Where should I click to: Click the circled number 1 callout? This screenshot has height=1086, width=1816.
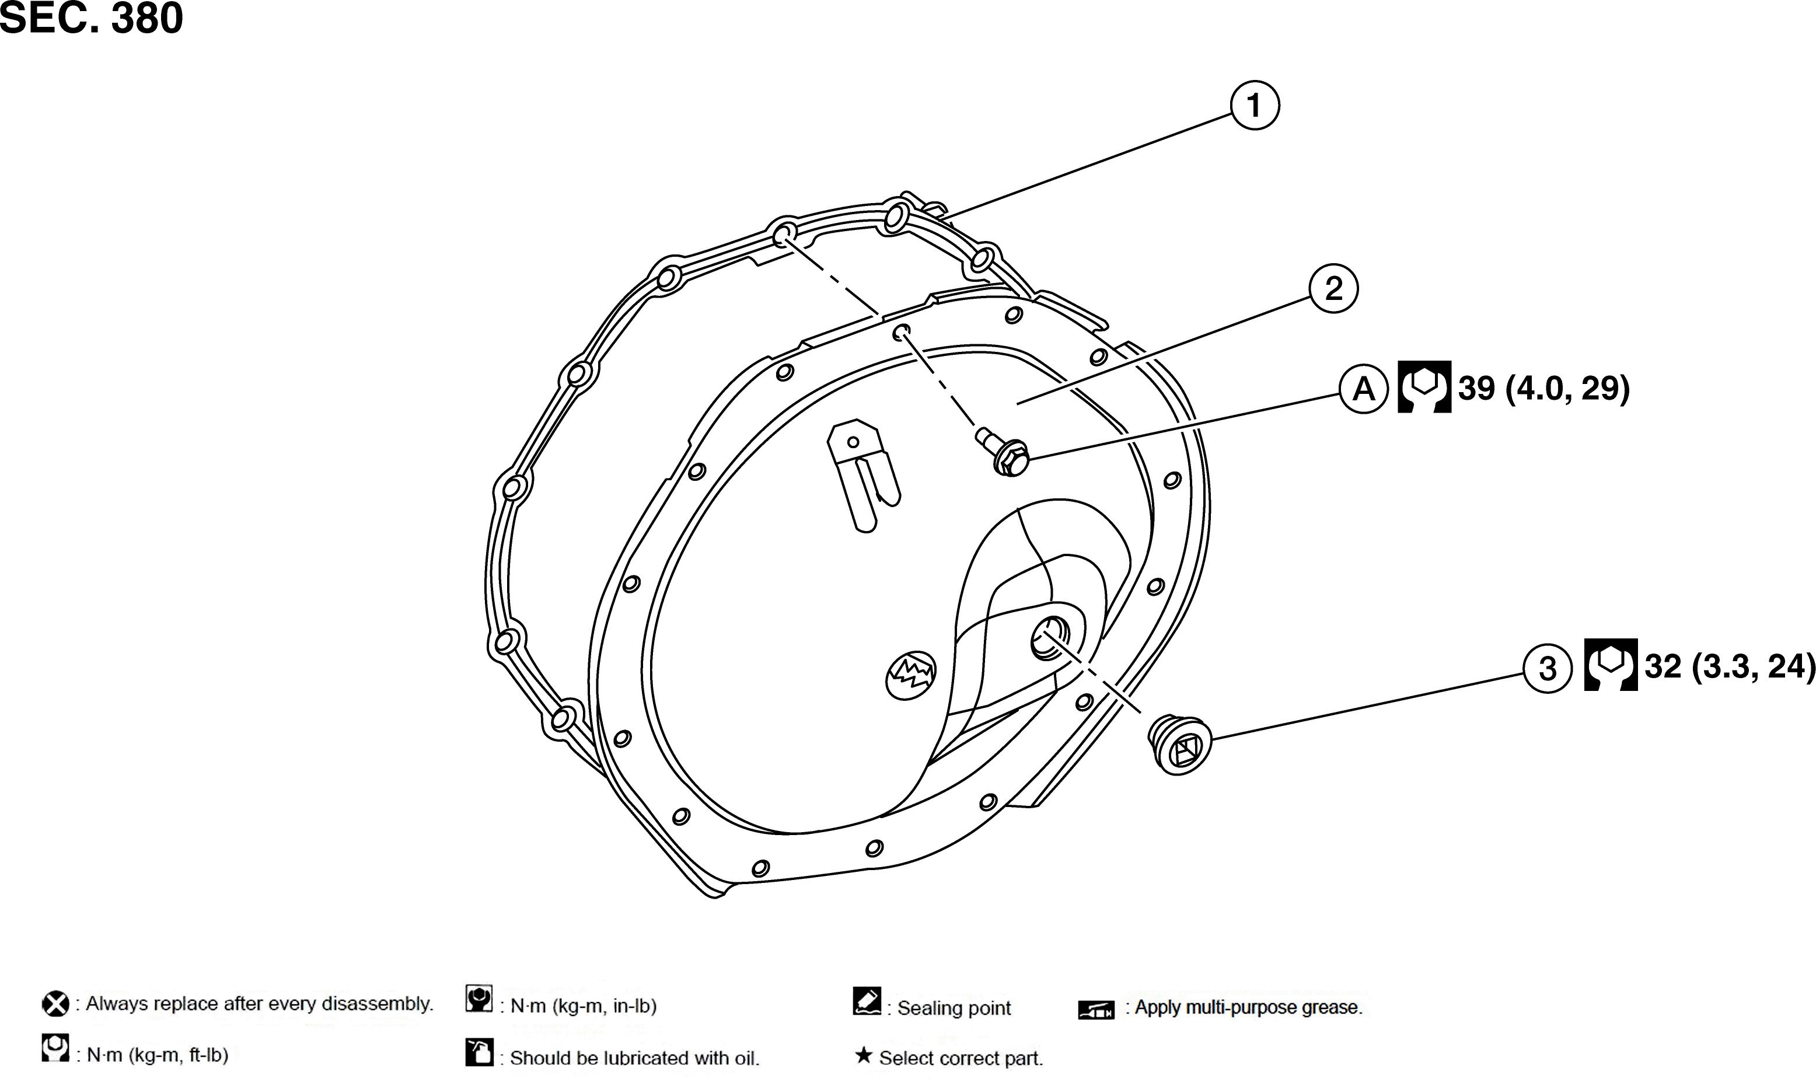[1254, 106]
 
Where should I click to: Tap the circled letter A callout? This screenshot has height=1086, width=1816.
[1364, 389]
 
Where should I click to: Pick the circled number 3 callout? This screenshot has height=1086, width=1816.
[1548, 668]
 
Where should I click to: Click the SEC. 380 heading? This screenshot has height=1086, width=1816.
[92, 18]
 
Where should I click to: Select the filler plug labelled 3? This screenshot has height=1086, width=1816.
[1179, 744]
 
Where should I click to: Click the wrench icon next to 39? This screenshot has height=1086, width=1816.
[1424, 386]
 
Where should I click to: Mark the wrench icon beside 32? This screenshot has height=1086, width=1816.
[1611, 665]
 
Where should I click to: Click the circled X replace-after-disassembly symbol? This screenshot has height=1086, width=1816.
[55, 1004]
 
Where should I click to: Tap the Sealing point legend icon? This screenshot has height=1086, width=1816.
[867, 1001]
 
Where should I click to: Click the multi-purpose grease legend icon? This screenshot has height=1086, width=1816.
[1096, 1010]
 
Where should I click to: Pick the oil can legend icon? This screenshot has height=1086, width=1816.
[479, 1052]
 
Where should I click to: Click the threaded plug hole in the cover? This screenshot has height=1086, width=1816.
[1050, 637]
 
